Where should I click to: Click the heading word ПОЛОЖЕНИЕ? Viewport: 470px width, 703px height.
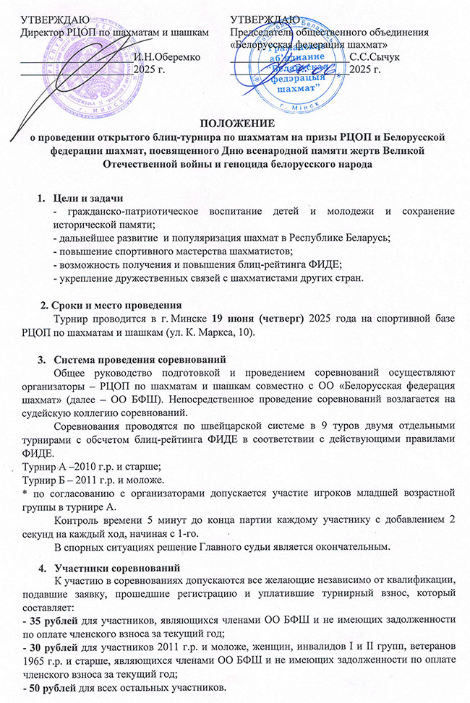coord(235,123)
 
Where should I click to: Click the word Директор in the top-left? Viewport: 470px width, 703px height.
coord(46,33)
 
